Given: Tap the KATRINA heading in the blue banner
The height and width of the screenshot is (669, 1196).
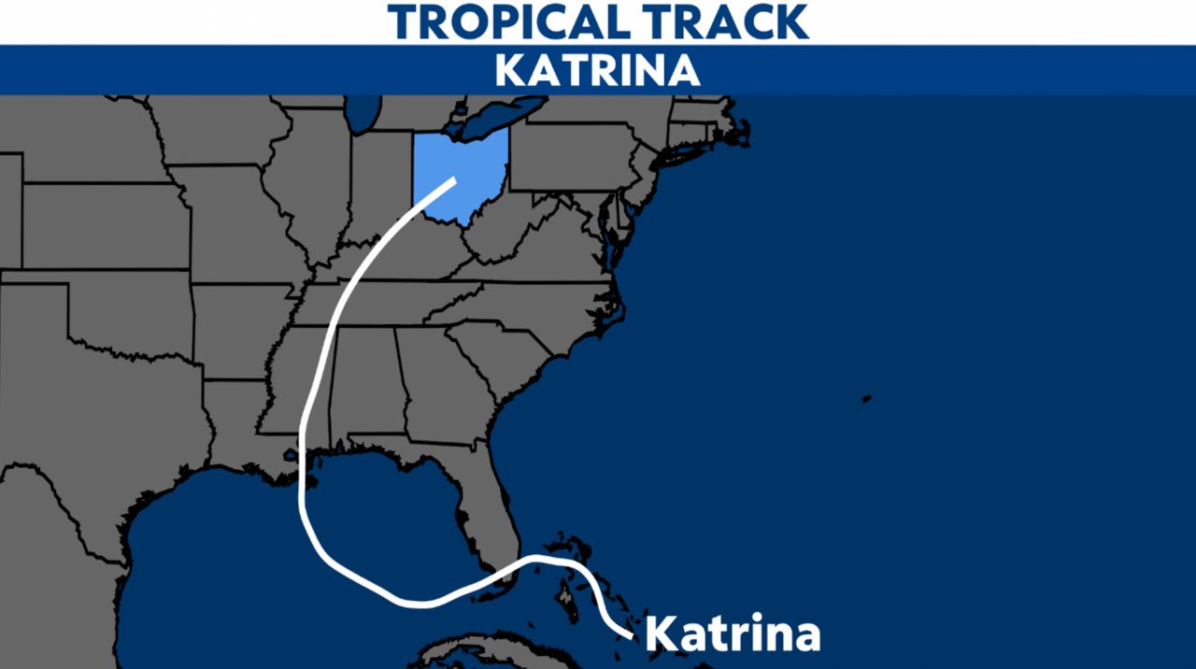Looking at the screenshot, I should point(597,70).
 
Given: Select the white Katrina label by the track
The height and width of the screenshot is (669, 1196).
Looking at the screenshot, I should point(733,633).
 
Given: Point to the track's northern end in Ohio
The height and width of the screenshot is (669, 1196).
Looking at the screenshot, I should point(453,180).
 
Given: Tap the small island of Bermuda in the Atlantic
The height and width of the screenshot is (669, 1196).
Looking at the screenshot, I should point(866,399).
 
